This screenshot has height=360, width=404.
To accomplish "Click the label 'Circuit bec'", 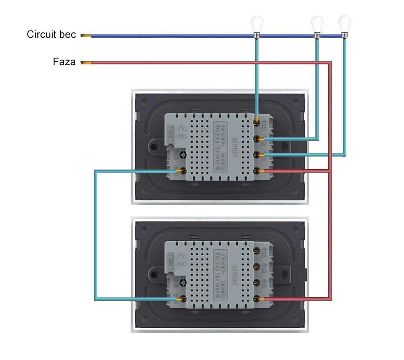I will pyautogui.click(x=51, y=35).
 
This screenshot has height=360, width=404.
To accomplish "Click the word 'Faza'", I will pyautogui.click(x=64, y=62).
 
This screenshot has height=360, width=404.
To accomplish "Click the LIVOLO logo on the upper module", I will pyautogui.click(x=235, y=147).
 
